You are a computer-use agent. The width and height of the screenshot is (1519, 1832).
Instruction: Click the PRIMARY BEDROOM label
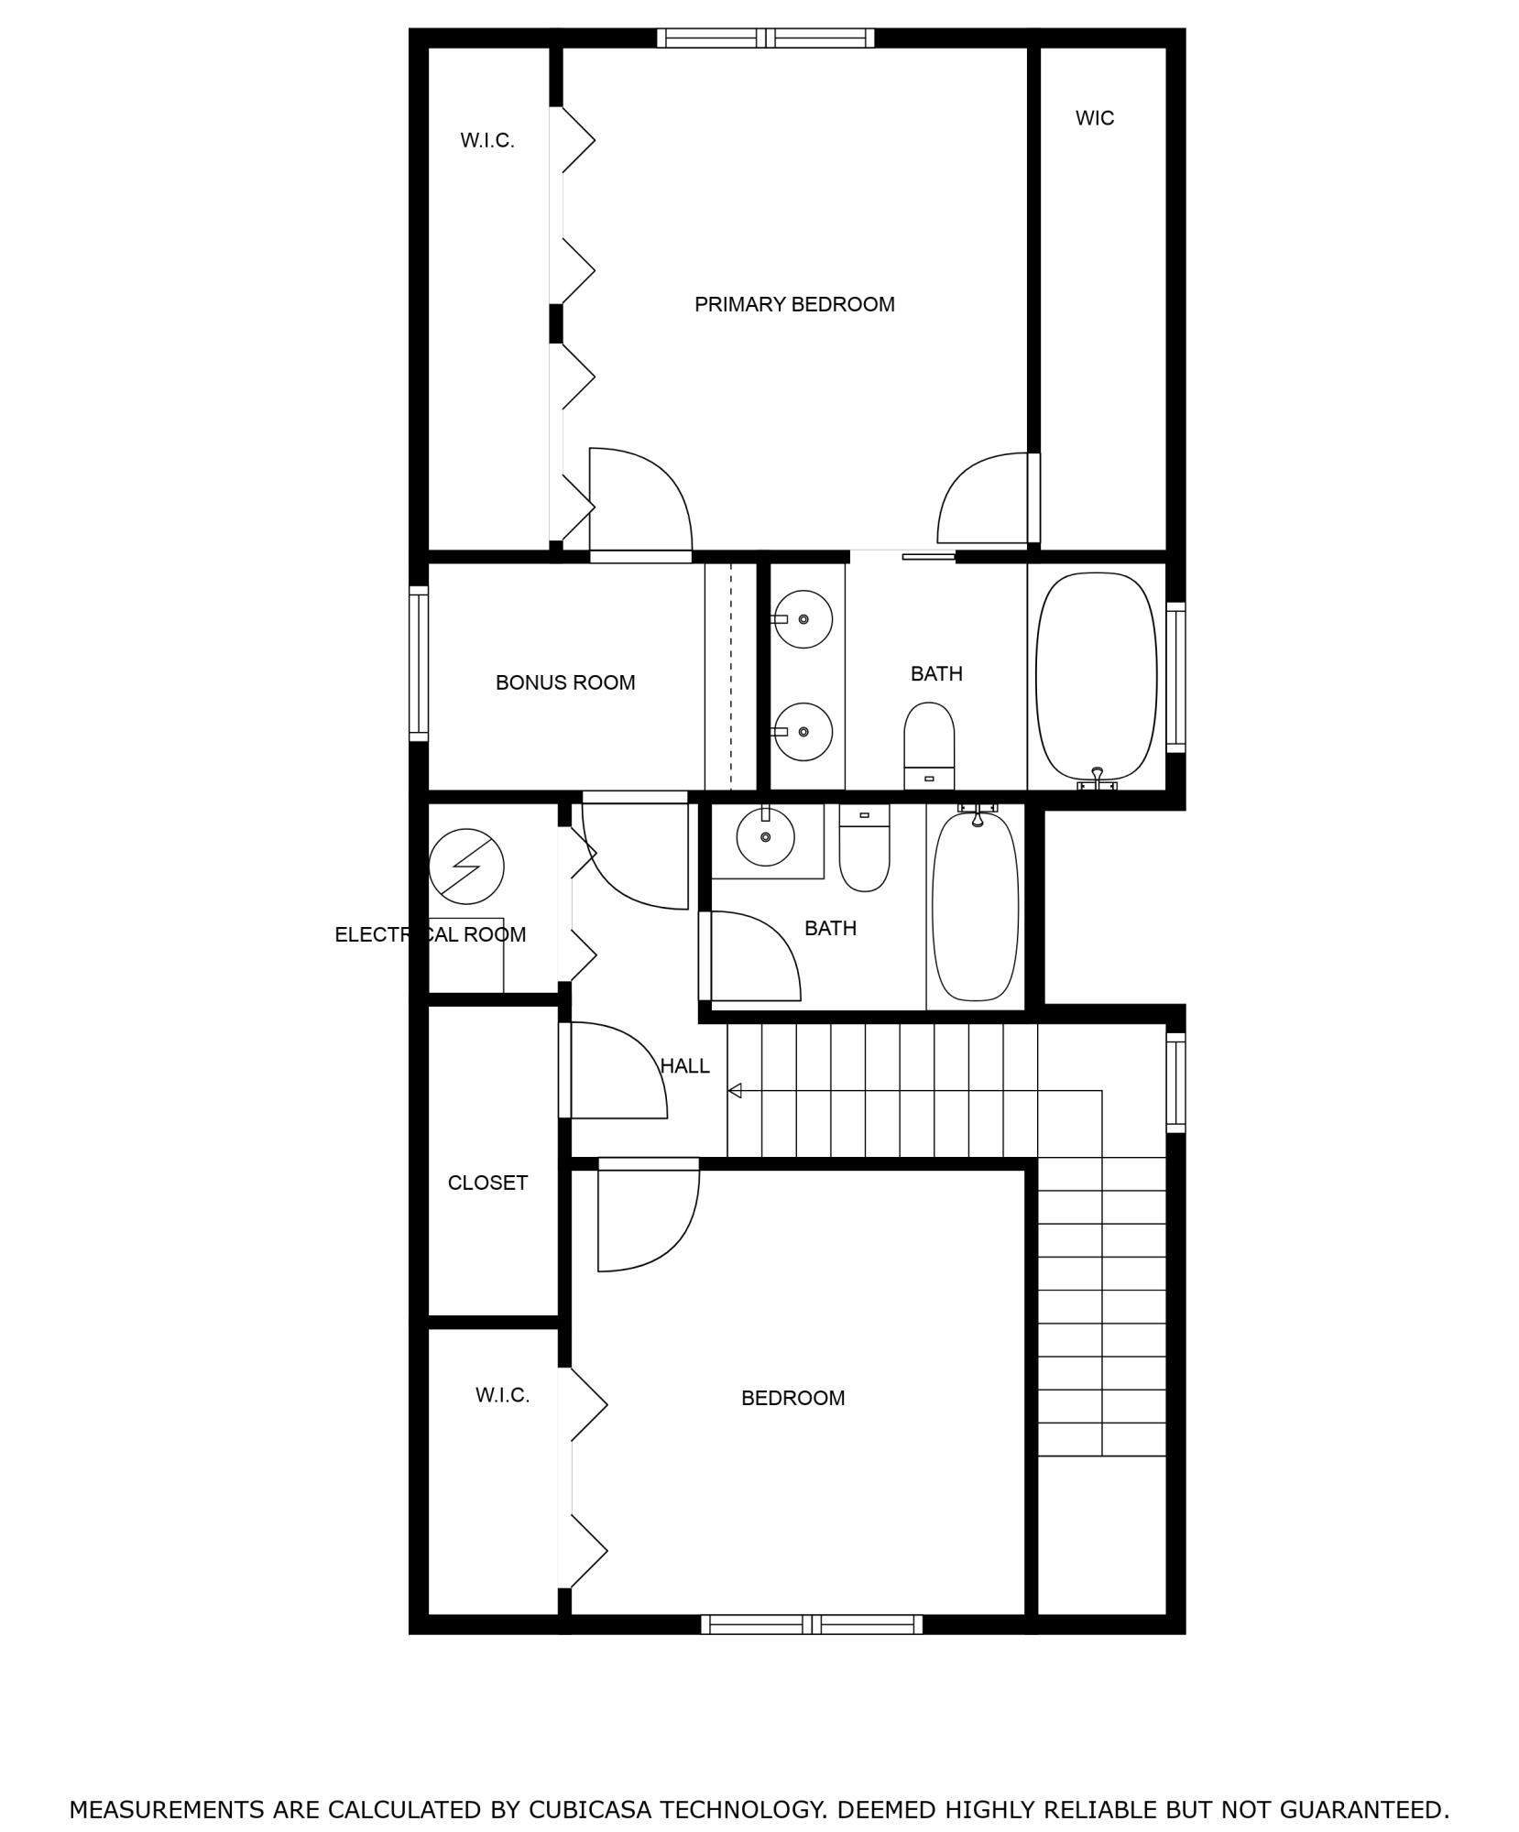pyautogui.click(x=793, y=304)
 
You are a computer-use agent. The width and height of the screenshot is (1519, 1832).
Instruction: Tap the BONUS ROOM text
pyautogui.click(x=564, y=682)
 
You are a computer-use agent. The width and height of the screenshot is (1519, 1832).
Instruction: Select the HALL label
pyautogui.click(x=684, y=1065)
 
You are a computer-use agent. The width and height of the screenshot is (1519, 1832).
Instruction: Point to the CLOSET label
pyautogui.click(x=487, y=1183)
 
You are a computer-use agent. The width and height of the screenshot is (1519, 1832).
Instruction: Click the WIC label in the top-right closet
pyautogui.click(x=1094, y=118)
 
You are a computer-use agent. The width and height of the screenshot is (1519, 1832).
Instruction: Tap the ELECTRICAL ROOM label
pyautogui.click(x=430, y=934)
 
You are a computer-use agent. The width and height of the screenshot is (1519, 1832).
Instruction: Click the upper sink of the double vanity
pyautogui.click(x=803, y=619)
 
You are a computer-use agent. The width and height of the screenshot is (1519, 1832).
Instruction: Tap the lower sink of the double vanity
pyautogui.click(x=803, y=731)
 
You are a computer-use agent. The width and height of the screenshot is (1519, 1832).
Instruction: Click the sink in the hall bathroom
pyautogui.click(x=765, y=835)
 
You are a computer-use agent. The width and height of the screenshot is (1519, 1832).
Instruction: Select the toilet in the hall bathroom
pyautogui.click(x=864, y=848)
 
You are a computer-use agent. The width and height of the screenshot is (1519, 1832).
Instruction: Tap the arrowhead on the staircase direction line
pyautogui.click(x=735, y=1091)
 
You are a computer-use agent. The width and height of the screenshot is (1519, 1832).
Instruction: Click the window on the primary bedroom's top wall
pyautogui.click(x=765, y=38)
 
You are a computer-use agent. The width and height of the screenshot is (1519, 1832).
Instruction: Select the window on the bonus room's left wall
pyautogui.click(x=419, y=663)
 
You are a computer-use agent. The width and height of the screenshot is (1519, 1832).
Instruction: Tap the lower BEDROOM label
pyautogui.click(x=792, y=1398)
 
